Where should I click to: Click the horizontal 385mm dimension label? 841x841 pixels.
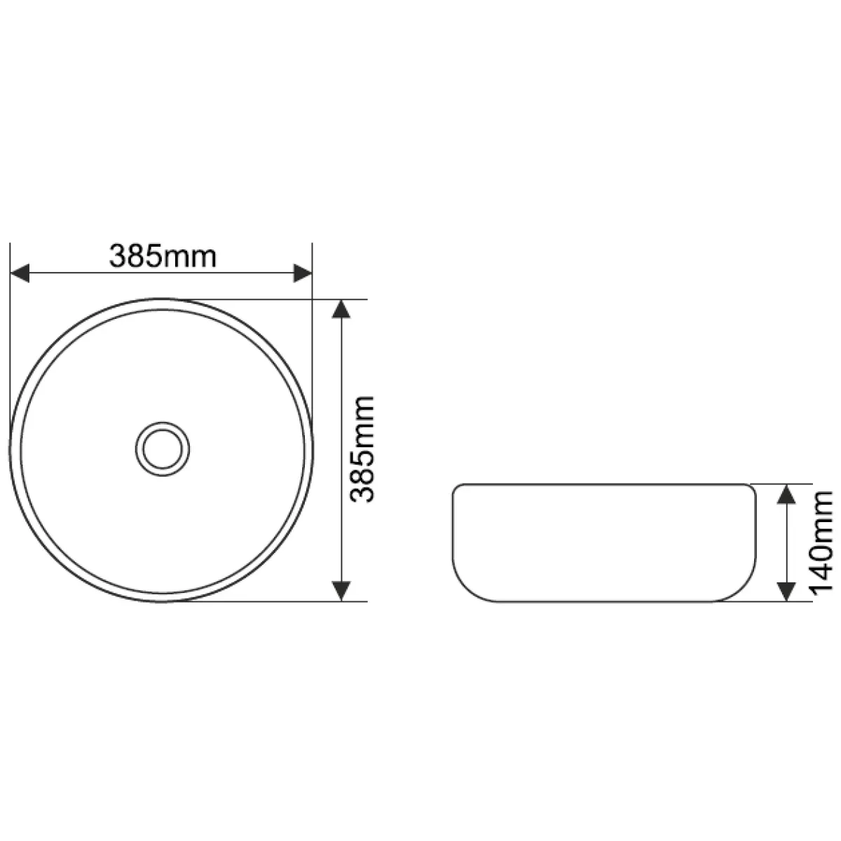coord(163,256)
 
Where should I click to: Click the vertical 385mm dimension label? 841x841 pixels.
coord(362,449)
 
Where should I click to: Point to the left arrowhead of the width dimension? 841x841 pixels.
coord(20,273)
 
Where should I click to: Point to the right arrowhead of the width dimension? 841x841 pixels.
coord(303,273)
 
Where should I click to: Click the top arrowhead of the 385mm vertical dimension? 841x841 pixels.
coord(341,308)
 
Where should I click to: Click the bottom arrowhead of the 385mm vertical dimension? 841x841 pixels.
coord(341,592)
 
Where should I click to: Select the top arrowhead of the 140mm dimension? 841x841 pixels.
coord(786,493)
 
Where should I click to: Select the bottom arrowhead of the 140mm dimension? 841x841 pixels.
coord(786,592)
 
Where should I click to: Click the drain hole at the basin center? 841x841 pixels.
coord(163,449)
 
